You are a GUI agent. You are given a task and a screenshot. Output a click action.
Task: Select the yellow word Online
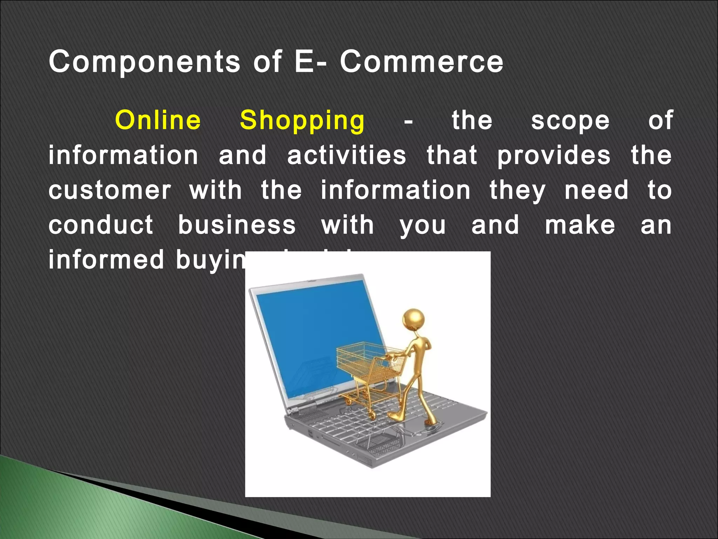coord(158,120)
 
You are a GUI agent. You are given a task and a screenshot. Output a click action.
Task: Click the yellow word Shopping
coord(302,121)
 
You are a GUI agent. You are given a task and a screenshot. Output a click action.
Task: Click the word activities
coord(347,155)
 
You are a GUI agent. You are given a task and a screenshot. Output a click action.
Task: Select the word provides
coord(554,156)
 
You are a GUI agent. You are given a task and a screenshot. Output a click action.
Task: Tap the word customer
coord(110,190)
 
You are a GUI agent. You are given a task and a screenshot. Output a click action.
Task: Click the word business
coord(237,225)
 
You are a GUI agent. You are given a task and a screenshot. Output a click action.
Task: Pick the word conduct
coord(101,225)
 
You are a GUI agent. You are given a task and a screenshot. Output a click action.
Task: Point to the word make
coord(580,225)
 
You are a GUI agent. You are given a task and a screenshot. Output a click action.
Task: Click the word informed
coord(106,260)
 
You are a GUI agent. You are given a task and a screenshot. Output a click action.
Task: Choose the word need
coord(596,190)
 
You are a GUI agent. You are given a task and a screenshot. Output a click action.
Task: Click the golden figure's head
coord(414,319)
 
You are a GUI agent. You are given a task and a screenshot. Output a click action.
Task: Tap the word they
coord(517,191)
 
